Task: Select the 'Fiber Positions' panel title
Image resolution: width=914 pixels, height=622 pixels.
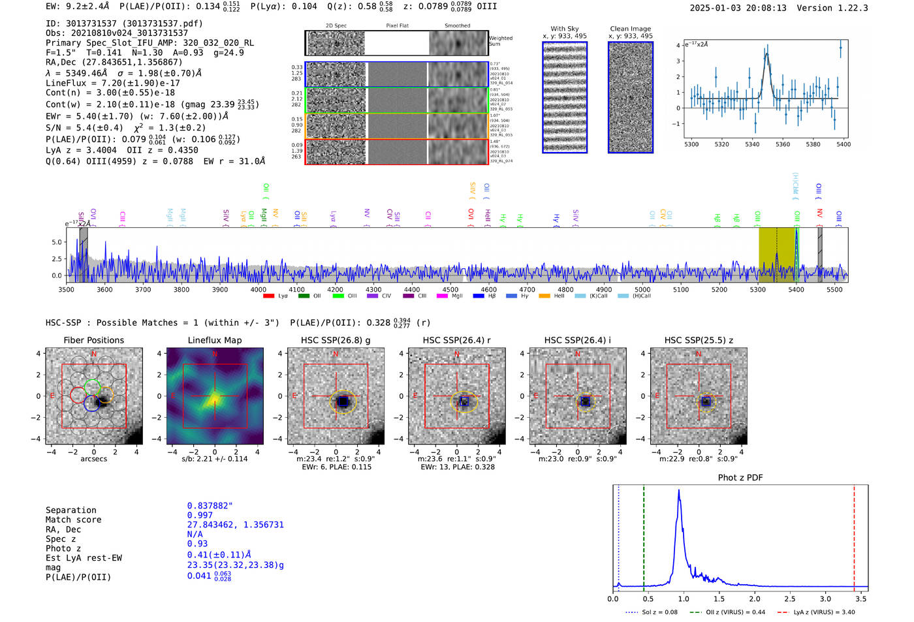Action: click(93, 340)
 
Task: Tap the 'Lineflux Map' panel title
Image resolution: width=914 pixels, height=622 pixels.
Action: click(215, 340)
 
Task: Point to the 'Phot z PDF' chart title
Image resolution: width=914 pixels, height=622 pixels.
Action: click(740, 478)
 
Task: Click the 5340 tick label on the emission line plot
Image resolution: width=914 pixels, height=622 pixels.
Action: click(752, 144)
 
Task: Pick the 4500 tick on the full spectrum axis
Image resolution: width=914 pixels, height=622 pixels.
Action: click(450, 290)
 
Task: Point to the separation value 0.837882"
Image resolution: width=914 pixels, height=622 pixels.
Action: click(210, 506)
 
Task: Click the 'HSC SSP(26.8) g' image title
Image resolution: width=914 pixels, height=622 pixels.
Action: click(336, 340)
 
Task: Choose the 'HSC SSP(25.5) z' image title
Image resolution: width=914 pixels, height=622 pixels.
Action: click(699, 340)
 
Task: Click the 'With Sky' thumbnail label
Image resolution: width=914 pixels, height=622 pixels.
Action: click(565, 29)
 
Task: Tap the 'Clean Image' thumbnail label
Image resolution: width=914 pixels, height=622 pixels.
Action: click(630, 29)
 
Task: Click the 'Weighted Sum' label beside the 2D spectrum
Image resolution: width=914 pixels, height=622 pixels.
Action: click(500, 41)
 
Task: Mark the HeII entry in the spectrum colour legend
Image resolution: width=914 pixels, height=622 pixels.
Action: click(559, 296)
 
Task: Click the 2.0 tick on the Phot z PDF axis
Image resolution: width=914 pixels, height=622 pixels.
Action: click(755, 599)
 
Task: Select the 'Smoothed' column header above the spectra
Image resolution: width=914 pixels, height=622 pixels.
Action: click(457, 26)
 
